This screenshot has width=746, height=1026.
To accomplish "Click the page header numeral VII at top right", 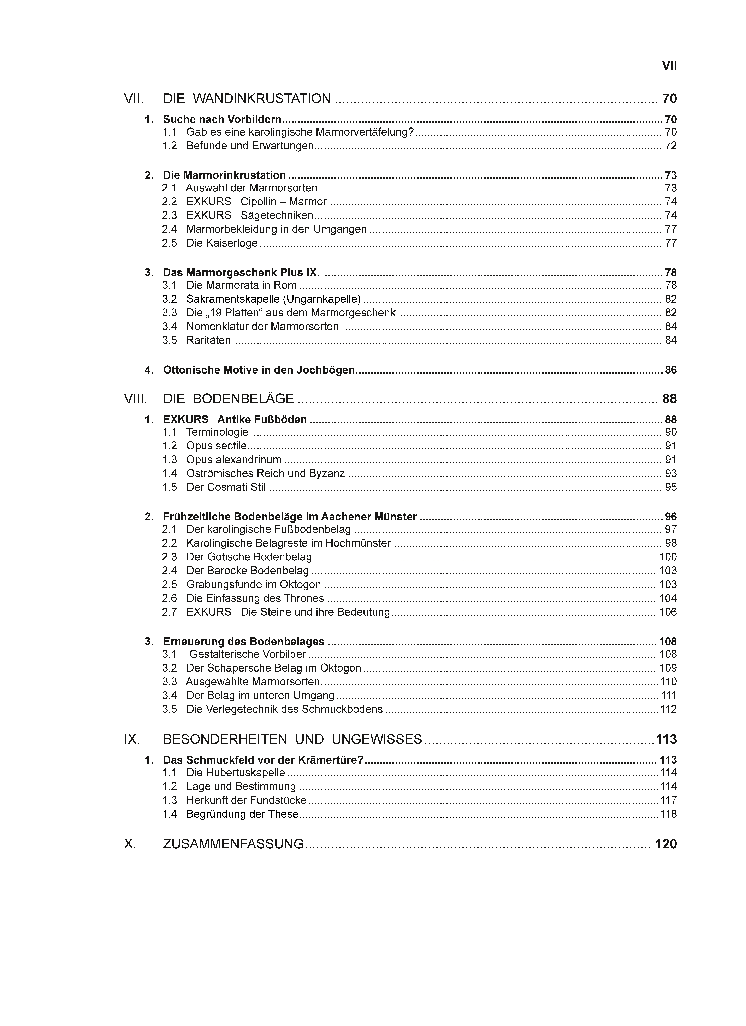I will pos(669,66).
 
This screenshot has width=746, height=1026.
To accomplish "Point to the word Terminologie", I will pos(217,432).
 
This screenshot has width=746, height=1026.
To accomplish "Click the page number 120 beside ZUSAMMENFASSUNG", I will pos(665,844).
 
